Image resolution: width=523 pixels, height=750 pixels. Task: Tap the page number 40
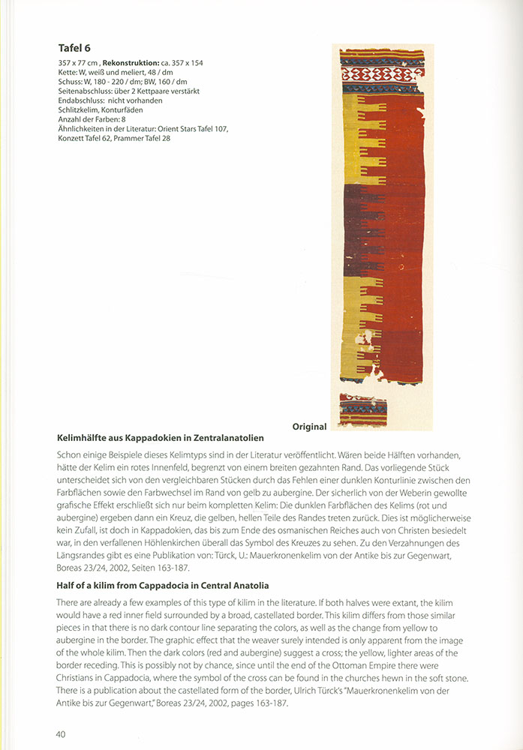pyautogui.click(x=61, y=733)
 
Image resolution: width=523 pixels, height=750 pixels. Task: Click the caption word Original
pyautogui.click(x=309, y=427)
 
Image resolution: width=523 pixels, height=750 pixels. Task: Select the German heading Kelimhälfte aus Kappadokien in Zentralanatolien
pyautogui.click(x=161, y=437)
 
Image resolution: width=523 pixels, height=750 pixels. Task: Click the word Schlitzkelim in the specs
pyautogui.click(x=80, y=109)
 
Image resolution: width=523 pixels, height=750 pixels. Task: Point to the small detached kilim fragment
pyautogui.click(x=362, y=410)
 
